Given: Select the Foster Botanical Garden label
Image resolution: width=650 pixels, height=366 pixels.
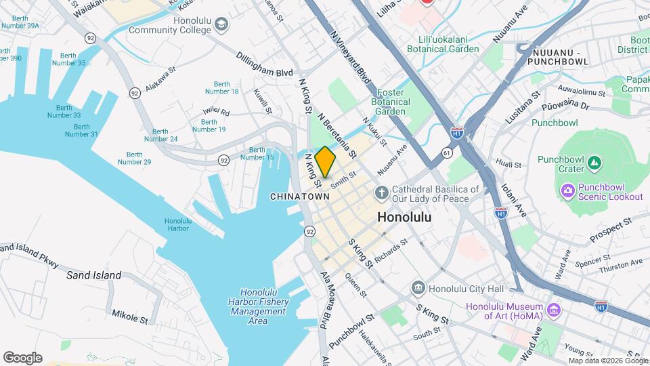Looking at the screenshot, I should tap(391, 102).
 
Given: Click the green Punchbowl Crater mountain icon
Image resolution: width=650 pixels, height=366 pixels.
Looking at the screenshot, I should tap(594, 163).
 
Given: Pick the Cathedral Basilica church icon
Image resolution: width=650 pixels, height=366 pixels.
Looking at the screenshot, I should tap(382, 193).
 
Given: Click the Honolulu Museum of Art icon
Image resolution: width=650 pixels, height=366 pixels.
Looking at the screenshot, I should tap(555, 310).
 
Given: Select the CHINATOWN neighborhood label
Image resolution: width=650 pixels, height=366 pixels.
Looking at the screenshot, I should tap(299, 197).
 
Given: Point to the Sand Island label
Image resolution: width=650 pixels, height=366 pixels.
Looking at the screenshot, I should tap(94, 275).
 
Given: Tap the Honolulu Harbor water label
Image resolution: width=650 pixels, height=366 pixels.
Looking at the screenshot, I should tap(178, 225).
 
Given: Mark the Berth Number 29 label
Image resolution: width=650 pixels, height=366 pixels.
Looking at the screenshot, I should tap(134, 157).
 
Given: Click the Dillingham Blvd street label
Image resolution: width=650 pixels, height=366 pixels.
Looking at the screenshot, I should tap(265, 64).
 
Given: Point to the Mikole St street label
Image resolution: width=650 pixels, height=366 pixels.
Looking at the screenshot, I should tap(130, 315).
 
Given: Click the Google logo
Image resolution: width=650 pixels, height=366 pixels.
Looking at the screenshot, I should tap(22, 358).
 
